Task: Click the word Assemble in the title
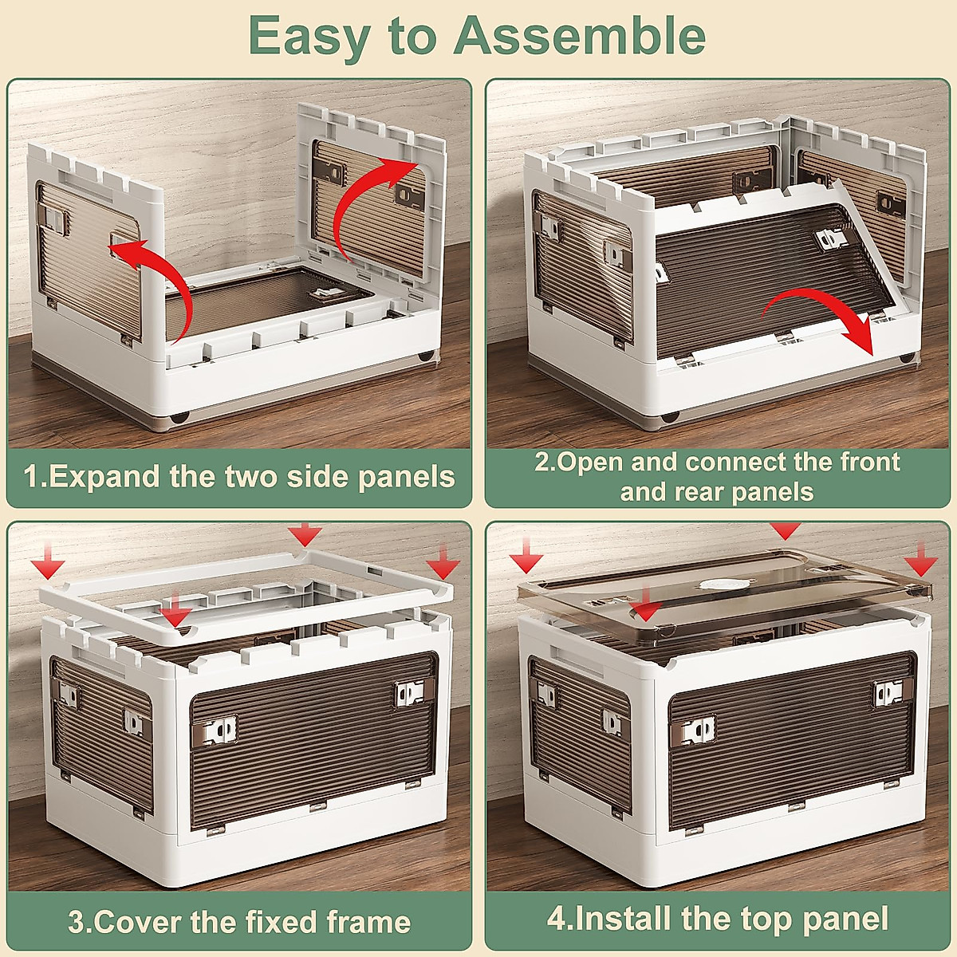coord(579,35)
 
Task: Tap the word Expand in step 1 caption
coord(106,477)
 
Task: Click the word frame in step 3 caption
coord(368,922)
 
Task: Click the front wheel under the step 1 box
coord(179,416)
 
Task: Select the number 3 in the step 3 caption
coord(76,922)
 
